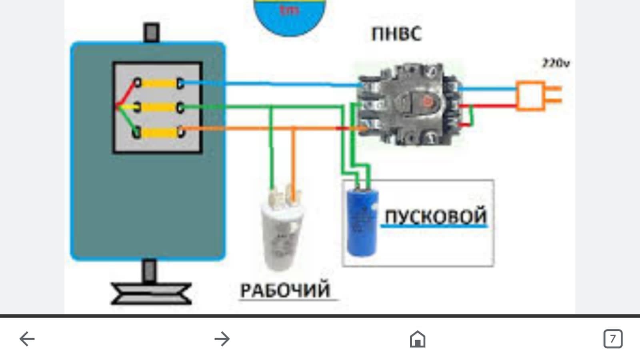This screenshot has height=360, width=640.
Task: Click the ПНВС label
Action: [x=396, y=34]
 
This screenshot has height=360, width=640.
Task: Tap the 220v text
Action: [x=556, y=63]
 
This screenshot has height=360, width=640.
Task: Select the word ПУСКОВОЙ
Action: [x=435, y=216]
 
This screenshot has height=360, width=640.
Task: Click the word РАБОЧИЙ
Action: [x=285, y=290]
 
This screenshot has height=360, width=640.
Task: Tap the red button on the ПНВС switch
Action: [x=427, y=102]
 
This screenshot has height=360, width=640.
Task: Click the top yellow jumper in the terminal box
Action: [x=159, y=84]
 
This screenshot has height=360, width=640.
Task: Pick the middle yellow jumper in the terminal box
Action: [x=159, y=107]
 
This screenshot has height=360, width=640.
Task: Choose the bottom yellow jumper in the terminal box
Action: [x=159, y=132]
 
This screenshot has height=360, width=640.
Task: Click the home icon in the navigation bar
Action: [x=417, y=339]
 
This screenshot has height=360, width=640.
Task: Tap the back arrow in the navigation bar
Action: [x=27, y=339]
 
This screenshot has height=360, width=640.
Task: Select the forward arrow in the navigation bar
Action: [x=222, y=339]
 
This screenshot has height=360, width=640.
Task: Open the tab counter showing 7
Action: [x=612, y=339]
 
